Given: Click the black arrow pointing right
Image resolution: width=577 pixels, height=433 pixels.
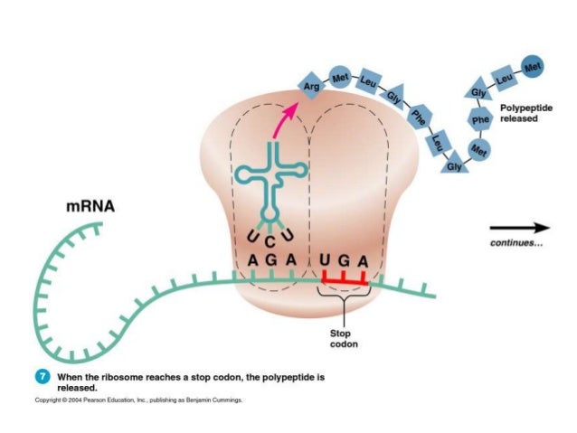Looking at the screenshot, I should (x=519, y=228).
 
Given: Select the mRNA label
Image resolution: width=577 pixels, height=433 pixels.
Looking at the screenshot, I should (x=90, y=207).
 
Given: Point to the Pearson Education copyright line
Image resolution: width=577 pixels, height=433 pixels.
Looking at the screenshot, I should (x=139, y=400).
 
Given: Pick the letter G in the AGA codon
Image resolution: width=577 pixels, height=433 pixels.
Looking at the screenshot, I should (x=271, y=261).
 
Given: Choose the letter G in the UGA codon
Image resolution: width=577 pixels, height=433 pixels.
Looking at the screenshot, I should (x=344, y=262).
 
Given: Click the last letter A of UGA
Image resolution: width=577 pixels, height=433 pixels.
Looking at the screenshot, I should (x=363, y=262).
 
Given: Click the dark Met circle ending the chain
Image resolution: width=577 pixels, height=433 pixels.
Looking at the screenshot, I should (x=534, y=65).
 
